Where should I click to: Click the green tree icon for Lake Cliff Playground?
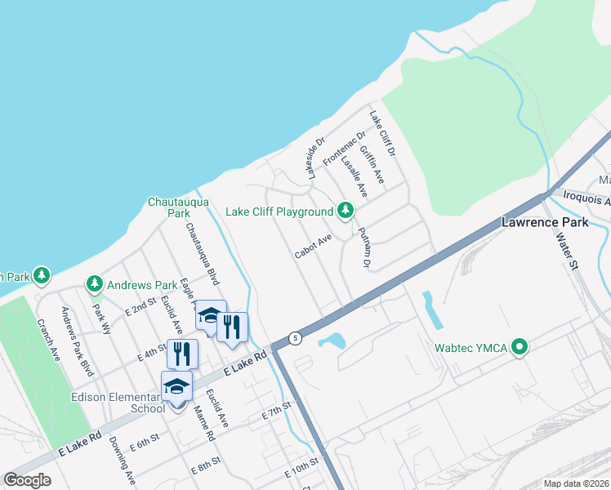(346, 212)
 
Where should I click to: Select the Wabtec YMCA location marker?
(518, 349)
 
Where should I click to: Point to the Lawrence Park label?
(540, 222)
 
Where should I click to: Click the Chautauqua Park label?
(168, 207)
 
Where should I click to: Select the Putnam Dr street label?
(362, 248)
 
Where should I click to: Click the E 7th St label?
(277, 416)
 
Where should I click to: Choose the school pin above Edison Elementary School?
(176, 386)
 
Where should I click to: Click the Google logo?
(27, 480)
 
